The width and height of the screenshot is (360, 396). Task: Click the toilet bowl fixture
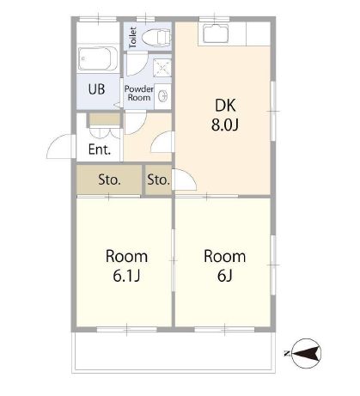[x=156, y=37]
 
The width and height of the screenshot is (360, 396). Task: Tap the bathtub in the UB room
[x=98, y=58]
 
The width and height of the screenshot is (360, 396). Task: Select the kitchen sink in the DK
[x=216, y=34]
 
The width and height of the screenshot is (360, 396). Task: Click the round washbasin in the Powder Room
[x=162, y=96]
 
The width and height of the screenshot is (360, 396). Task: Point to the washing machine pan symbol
[x=162, y=68]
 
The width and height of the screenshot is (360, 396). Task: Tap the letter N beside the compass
[x=286, y=354]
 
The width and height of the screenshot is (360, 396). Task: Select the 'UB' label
[x=96, y=89]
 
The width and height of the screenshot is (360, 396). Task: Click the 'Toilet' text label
[x=132, y=37]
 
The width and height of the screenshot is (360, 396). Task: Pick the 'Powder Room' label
[x=139, y=93]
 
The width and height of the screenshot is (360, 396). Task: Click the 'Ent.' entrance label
[x=100, y=149]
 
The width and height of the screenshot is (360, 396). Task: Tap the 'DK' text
[x=225, y=105]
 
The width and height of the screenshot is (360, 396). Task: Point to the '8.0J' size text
[x=225, y=125]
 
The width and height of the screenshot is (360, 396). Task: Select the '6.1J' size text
[x=126, y=276]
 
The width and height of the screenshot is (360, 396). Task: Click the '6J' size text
[x=224, y=276]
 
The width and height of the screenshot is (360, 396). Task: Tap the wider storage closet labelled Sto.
[x=109, y=180]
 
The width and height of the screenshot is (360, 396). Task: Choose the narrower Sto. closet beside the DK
[x=158, y=180]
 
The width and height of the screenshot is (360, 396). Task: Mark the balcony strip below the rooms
[x=174, y=352]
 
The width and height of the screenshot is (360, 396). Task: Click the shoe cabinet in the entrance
[x=105, y=119]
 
